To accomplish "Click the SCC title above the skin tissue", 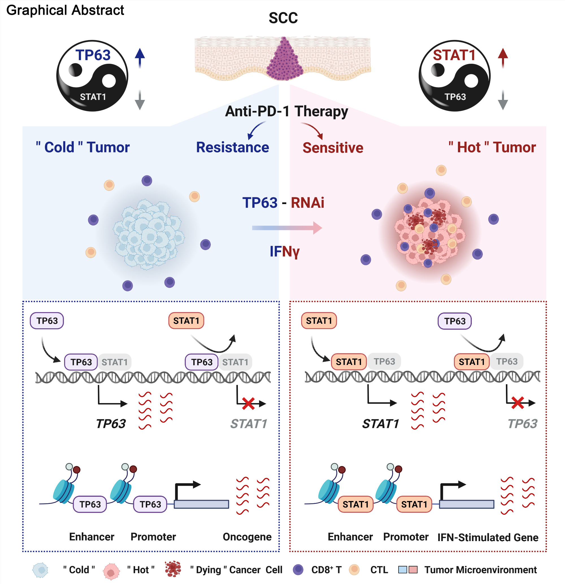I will click(283, 18).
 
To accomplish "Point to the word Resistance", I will click(232, 148).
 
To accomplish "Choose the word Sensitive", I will click(333, 148).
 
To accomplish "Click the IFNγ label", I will click(284, 252).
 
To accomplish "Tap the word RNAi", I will click(307, 203).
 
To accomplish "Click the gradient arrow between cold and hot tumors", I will click(287, 228).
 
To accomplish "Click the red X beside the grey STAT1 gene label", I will click(248, 404).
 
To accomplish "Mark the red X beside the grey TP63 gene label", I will click(517, 403).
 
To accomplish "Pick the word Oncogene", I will click(247, 537).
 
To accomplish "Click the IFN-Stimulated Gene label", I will click(488, 537).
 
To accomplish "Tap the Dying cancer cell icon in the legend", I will click(173, 569).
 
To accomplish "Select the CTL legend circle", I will click(354, 570).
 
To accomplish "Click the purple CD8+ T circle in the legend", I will click(298, 570).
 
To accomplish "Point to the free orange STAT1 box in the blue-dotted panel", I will click(186, 321).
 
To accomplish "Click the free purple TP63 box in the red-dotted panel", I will click(454, 321).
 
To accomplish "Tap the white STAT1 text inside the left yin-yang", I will click(93, 97).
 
